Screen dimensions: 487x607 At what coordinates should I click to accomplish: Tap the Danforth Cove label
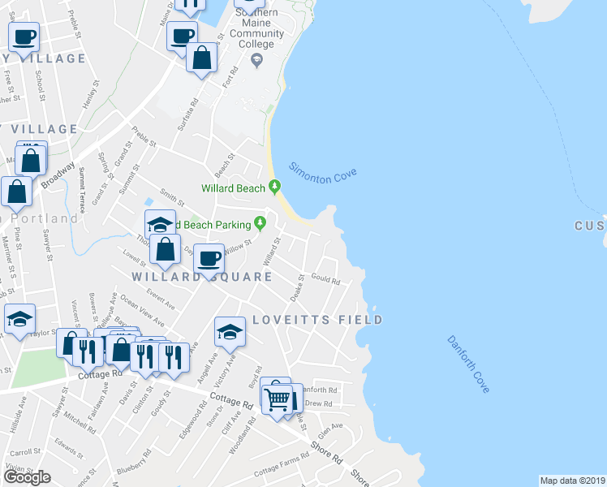468,365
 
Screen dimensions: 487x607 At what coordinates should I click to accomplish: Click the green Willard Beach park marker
275,187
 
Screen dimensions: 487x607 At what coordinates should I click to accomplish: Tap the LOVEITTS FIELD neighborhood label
316,320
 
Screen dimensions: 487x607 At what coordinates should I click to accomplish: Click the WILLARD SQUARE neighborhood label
202,277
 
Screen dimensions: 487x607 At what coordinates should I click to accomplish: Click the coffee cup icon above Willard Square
209,258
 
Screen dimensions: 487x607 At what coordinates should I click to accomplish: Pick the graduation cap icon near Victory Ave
230,331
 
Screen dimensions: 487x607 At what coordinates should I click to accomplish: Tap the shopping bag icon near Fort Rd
201,58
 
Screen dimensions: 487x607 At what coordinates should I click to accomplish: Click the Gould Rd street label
325,281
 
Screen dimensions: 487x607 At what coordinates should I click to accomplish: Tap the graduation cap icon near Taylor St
19,319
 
